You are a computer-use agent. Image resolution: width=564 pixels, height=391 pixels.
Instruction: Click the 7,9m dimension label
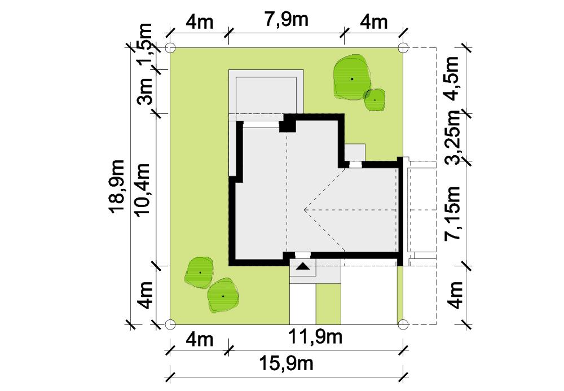point(287,19)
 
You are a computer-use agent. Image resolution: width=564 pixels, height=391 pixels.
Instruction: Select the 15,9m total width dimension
point(287,363)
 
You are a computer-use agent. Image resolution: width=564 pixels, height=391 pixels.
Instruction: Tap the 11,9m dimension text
point(315,337)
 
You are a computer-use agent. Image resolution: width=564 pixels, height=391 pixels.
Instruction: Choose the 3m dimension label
point(146,91)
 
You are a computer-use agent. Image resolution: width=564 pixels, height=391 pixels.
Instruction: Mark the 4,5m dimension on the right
point(452,78)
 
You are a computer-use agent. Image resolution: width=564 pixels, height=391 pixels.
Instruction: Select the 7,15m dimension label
point(453,213)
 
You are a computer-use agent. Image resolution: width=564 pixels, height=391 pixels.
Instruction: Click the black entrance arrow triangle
point(303,266)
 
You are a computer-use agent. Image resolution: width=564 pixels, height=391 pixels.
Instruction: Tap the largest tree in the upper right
point(351,77)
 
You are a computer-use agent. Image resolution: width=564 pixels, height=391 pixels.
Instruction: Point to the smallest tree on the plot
point(374,100)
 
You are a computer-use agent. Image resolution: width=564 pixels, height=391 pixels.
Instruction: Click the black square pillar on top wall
point(288,123)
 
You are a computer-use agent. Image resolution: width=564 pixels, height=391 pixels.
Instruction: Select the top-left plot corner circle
point(170,47)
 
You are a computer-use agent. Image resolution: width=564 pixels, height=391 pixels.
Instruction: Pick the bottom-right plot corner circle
point(403,324)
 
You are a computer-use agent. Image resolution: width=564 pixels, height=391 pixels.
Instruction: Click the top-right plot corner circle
point(403,47)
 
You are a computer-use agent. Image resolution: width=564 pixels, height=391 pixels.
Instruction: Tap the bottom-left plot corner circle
point(170,324)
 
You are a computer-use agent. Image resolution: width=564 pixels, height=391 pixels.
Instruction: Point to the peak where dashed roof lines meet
point(305,209)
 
